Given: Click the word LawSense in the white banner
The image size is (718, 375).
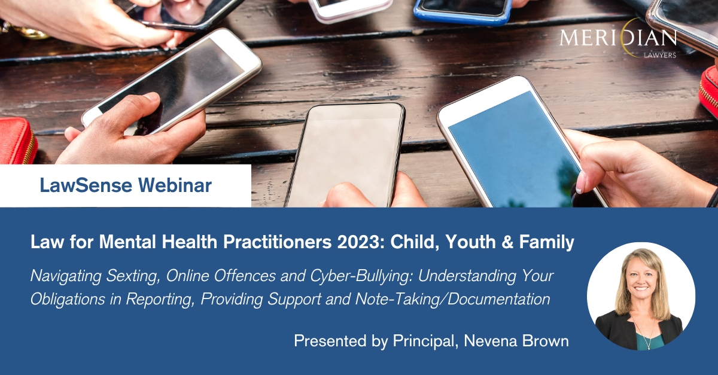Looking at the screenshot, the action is click(x=86, y=185).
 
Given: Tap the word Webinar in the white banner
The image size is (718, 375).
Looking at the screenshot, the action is click(x=175, y=185).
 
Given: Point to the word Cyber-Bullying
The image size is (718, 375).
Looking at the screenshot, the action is click(x=361, y=276).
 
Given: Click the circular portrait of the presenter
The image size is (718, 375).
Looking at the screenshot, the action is click(x=641, y=296).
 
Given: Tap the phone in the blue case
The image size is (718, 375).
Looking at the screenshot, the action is click(x=463, y=11).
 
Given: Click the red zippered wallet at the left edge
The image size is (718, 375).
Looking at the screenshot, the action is click(x=17, y=141).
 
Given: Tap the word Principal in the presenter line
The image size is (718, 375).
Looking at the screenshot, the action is click(x=424, y=341).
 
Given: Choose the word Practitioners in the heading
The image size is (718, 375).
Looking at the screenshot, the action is click(x=277, y=242).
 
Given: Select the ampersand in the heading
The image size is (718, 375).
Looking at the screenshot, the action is click(x=507, y=242).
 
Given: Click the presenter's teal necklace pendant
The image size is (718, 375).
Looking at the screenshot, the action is click(x=648, y=346).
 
